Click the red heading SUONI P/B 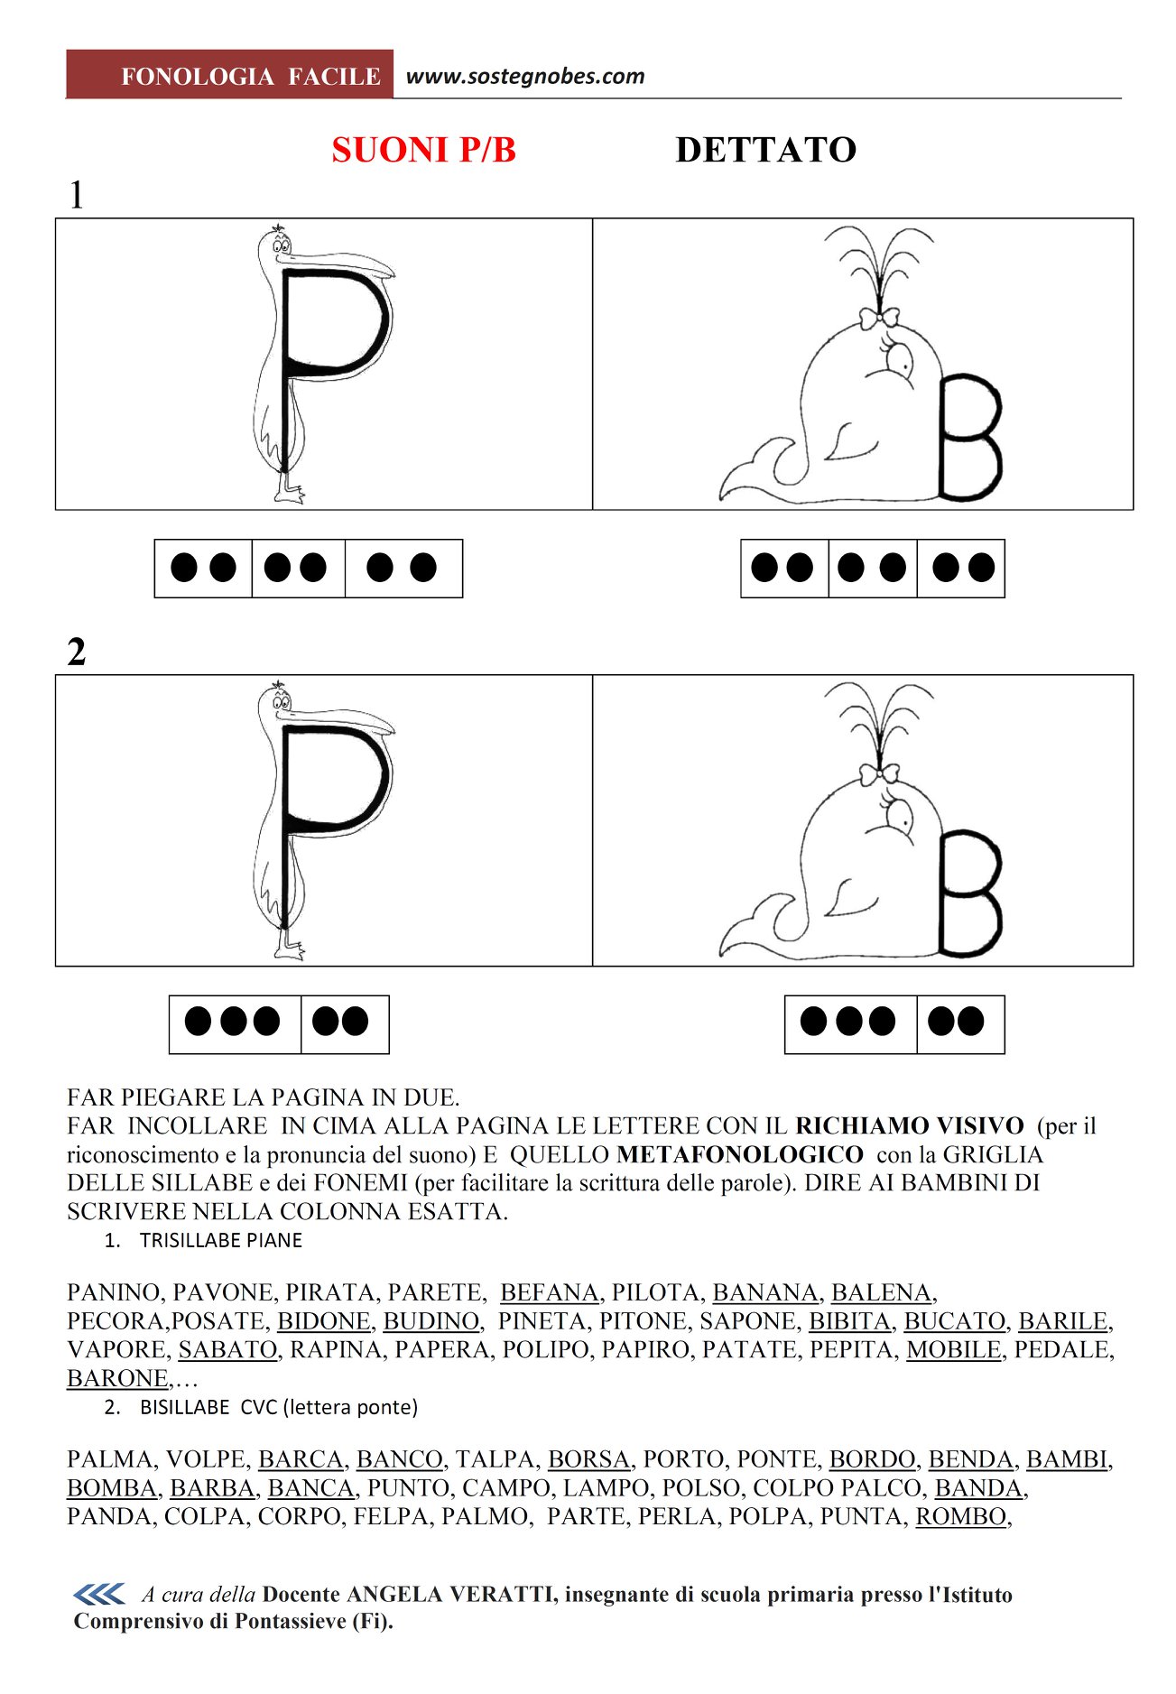(423, 150)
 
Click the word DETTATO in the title (765, 150)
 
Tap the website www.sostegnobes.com (525, 77)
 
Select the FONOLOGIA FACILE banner (230, 74)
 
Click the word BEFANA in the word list (550, 1292)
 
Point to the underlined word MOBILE (954, 1349)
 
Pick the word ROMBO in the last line (961, 1516)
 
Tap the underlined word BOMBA (112, 1487)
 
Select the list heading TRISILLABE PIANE (221, 1240)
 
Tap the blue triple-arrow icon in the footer (99, 1595)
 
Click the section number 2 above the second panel (77, 652)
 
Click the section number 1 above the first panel (77, 195)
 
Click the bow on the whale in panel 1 (878, 319)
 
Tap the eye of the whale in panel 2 (900, 817)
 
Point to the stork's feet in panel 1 (289, 490)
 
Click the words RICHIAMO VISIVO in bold (910, 1125)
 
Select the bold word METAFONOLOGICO (740, 1154)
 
